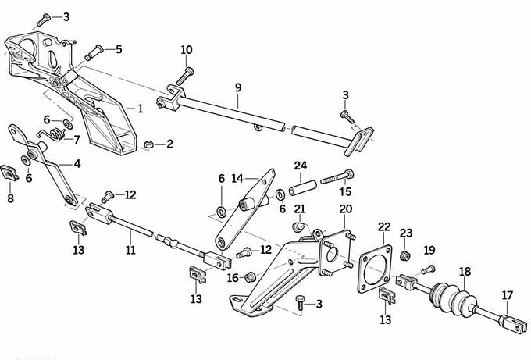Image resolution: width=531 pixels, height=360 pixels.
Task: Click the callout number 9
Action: click(238, 88)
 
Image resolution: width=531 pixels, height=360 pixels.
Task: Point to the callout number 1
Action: click(140, 109)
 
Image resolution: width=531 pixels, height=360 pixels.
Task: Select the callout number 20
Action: click(346, 209)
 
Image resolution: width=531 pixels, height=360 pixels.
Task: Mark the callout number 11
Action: click(130, 250)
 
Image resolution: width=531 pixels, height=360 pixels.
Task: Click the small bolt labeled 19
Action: click(428, 269)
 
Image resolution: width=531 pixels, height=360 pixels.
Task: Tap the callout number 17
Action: click(508, 294)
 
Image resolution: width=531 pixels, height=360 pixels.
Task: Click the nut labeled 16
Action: click(250, 276)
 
